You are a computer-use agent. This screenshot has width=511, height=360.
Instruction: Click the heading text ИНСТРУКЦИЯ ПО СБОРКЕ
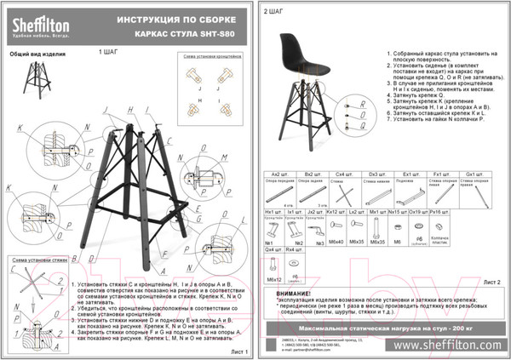185,19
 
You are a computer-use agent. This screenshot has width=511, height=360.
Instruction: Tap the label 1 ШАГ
110,51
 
